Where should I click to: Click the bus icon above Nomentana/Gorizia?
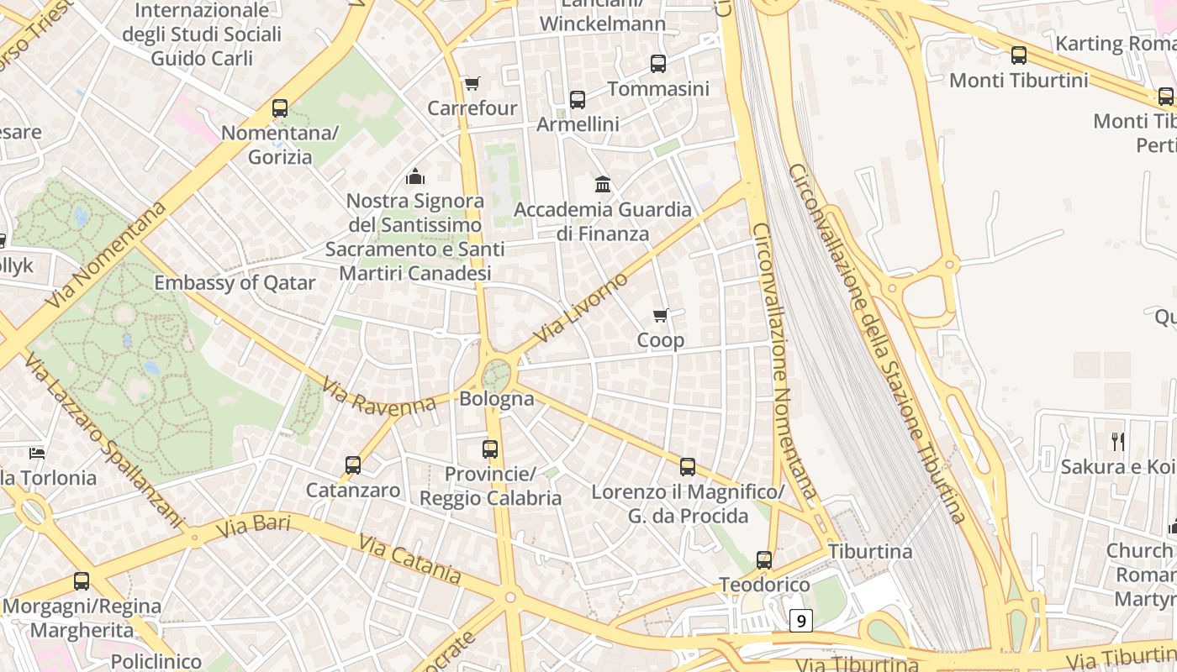[x=280, y=108]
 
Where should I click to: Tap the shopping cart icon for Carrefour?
[x=472, y=84]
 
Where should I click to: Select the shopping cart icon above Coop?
[x=661, y=316]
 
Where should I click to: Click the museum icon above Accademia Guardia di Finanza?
[x=603, y=184]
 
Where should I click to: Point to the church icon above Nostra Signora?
[x=414, y=176]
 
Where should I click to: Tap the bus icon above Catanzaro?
[x=353, y=465]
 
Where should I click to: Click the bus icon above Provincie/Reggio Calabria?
[x=490, y=449]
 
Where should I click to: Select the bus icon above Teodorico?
[x=764, y=559]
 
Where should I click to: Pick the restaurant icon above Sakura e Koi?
[x=1117, y=441]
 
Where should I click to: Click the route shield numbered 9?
[x=801, y=621]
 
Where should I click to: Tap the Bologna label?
[x=496, y=398]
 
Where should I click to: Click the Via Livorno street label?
[x=580, y=307]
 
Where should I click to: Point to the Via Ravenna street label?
[x=379, y=396]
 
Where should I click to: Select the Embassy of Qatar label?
[x=235, y=282]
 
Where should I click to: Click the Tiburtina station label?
[x=870, y=551]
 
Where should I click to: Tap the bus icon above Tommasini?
[x=658, y=63]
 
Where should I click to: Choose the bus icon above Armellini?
[x=578, y=99]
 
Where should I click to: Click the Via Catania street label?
[x=409, y=559]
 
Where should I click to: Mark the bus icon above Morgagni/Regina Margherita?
[x=82, y=580]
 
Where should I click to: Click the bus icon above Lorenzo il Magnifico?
[x=688, y=467]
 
